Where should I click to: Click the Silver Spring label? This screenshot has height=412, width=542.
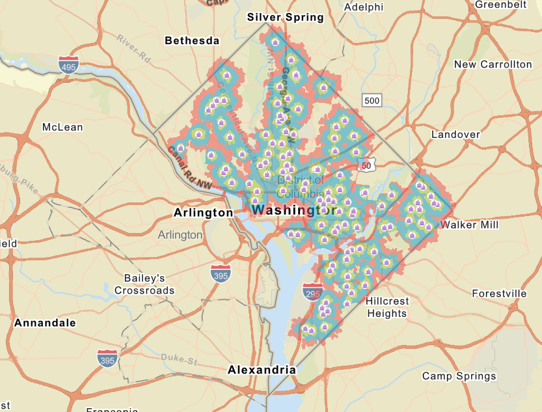pos(285,18)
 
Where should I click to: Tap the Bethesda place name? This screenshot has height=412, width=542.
pos(192,40)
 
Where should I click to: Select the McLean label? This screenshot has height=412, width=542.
pos(62,127)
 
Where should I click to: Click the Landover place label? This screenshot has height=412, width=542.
pos(455,134)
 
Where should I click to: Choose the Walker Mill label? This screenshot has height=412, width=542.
pos(469,225)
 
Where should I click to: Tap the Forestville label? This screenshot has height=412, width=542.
pos(499,294)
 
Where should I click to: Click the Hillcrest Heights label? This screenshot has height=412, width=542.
pos(386,308)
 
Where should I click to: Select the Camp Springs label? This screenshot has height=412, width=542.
pos(459,376)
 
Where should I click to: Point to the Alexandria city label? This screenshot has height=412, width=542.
pos(262,370)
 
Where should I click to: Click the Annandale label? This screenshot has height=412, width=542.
pos(45,323)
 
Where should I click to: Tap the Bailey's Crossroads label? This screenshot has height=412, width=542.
pos(144,284)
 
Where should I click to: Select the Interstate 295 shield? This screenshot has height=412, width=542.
pos(312,294)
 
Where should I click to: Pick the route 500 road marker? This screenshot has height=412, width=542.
pos(372,100)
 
